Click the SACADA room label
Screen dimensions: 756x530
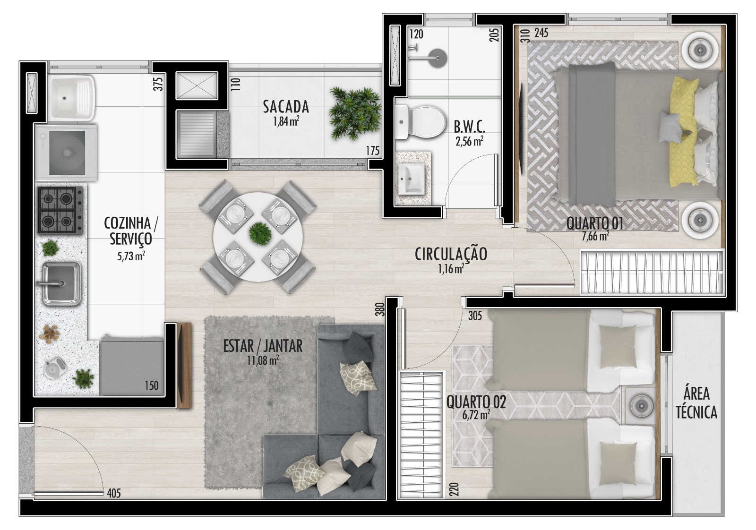click(286, 107)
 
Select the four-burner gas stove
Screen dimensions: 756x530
click(60, 210)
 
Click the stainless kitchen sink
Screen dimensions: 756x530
click(61, 283)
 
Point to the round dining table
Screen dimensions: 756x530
click(258, 237)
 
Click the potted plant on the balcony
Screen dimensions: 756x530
click(355, 113)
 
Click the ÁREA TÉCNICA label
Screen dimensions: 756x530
click(696, 403)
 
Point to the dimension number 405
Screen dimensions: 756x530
click(114, 494)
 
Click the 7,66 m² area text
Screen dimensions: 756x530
click(595, 236)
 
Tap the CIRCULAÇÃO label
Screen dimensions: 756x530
click(451, 255)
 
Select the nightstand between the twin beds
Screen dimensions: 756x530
click(640, 405)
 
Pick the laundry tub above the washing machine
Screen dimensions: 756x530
click(71, 98)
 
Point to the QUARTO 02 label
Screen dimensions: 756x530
click(476, 402)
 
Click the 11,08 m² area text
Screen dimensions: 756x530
click(263, 360)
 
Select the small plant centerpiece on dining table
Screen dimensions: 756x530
click(260, 233)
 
